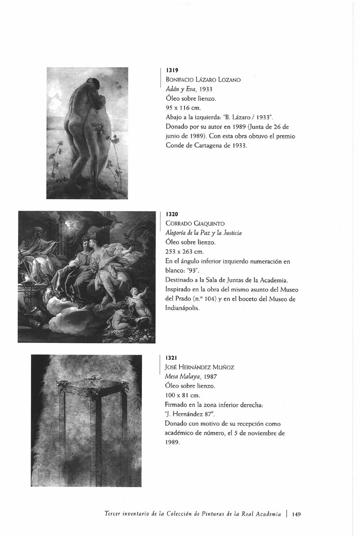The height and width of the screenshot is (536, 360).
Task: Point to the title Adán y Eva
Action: [179, 89]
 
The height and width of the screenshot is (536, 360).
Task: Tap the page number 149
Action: [297, 513]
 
